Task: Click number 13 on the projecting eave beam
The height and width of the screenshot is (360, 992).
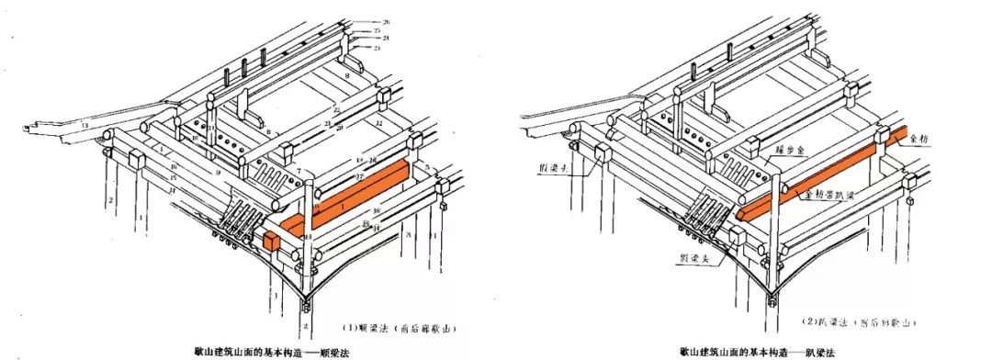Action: tap(84, 124)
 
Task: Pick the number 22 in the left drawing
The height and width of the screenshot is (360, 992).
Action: tap(337, 110)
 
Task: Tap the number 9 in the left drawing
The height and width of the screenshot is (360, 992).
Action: tap(218, 173)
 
